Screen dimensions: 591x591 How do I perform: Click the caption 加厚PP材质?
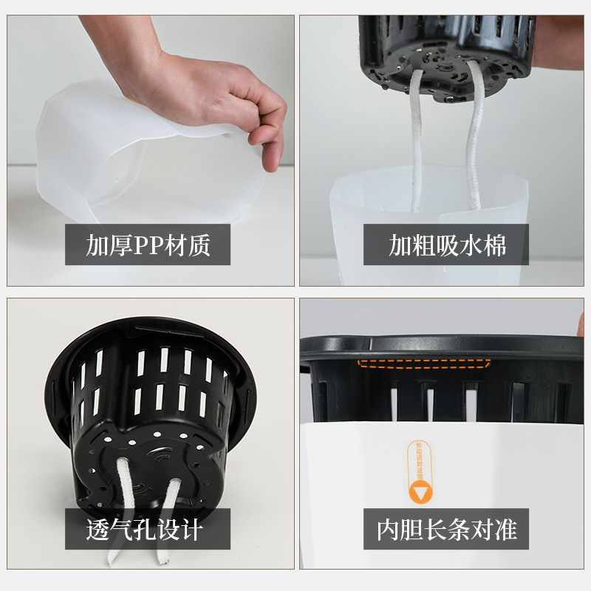(148, 245)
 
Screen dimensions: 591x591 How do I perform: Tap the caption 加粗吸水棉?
(447, 245)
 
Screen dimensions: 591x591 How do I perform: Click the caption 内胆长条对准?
(446, 529)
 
